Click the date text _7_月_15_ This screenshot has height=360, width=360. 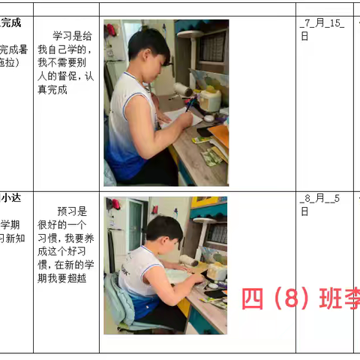point(322,23)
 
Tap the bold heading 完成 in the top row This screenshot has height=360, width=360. point(11,22)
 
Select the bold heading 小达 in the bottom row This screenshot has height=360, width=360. point(11,199)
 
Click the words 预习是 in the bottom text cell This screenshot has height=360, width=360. point(72,211)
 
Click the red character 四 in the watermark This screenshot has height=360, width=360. point(252,299)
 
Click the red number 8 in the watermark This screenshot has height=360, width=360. point(288,299)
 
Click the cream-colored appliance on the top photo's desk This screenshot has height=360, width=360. point(209,99)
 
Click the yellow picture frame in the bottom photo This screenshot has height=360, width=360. point(204,201)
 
